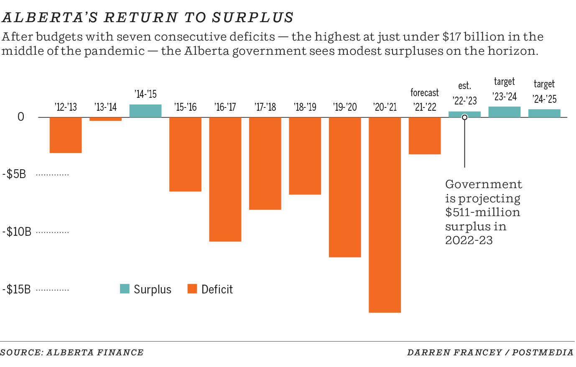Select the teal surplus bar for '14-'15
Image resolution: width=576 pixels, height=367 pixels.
145,111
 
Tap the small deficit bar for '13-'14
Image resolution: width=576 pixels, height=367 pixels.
105,119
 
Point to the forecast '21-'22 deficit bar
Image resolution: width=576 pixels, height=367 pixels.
424,135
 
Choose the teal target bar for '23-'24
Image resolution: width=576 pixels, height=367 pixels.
504,112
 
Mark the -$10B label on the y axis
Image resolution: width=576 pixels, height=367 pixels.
17,232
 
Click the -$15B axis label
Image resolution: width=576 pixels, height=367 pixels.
17,290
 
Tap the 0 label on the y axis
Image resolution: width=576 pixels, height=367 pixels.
21,117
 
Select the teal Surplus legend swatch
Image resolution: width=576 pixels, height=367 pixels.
125,289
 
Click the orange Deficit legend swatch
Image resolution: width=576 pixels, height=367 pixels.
192,289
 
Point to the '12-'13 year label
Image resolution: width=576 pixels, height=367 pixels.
66,107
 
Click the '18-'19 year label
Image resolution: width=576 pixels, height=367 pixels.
305,107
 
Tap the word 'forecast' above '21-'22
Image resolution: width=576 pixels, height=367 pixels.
424,93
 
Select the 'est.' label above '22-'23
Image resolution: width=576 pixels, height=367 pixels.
464,86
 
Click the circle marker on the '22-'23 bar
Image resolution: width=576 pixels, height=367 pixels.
464,117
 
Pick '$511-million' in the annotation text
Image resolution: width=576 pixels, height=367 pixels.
482,212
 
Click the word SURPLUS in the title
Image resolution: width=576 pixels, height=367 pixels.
252,18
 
